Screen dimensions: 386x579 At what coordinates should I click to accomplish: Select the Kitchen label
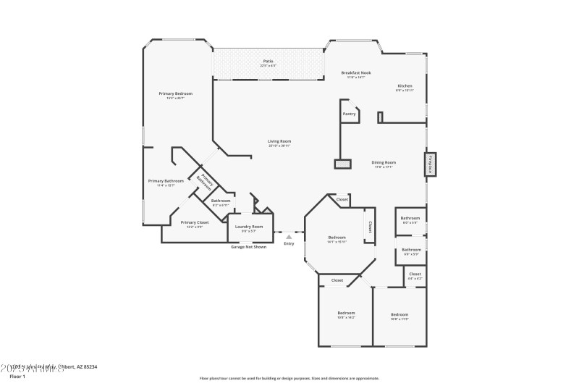[404, 86]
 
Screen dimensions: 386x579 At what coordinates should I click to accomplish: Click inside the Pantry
[349, 114]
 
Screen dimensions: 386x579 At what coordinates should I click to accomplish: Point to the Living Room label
[279, 142]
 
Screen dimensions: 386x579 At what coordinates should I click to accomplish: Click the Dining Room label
[384, 163]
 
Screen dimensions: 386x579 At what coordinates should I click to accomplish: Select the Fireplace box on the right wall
[429, 164]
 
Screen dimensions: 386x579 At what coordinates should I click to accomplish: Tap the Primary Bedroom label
[176, 94]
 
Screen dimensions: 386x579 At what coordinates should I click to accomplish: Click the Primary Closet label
[194, 223]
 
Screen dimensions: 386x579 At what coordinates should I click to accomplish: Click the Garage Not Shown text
[248, 247]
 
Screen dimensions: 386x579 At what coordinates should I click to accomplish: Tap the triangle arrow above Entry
[289, 236]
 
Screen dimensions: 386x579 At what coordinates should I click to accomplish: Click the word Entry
[289, 243]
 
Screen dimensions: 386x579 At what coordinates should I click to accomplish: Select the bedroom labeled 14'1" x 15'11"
[337, 238]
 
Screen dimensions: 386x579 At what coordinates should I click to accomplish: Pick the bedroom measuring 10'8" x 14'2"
[346, 314]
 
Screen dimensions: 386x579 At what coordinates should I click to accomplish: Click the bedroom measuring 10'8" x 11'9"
[400, 315]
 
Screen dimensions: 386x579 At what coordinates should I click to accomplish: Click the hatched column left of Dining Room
[342, 164]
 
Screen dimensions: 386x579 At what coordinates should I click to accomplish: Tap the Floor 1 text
[17, 377]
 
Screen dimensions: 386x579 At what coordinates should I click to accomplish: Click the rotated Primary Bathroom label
[206, 180]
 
